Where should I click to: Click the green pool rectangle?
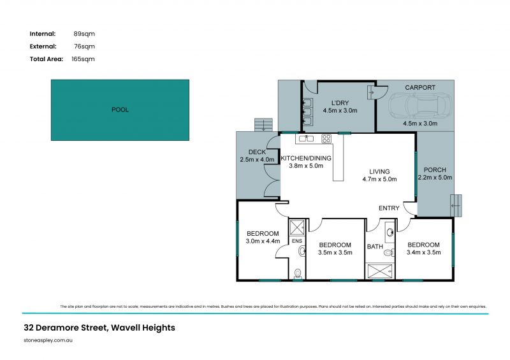coord(120,110)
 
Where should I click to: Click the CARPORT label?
coord(420,88)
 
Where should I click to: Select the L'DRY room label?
coord(339,102)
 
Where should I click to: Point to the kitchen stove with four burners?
coord(326,138)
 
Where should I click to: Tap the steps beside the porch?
coord(456,205)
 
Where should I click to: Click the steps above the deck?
coord(262,124)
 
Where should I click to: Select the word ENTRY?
coord(389,208)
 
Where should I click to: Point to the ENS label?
coord(296,241)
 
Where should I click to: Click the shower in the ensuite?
coord(297,227)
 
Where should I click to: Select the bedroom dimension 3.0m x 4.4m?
coord(263,241)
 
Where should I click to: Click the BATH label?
coord(374,246)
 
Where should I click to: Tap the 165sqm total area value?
coord(83,59)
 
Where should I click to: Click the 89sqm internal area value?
coord(84,33)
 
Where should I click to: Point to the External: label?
coord(43,46)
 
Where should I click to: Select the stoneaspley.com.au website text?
coord(54,341)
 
